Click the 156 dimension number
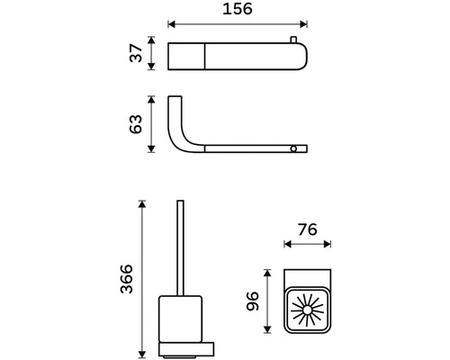click(x=238, y=9)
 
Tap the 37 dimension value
click(x=136, y=53)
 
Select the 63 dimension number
click(x=136, y=124)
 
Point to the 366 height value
click(x=126, y=279)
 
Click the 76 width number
click(x=308, y=229)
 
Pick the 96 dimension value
click(x=252, y=301)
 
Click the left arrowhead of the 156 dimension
click(x=171, y=24)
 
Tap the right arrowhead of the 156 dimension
click(x=304, y=24)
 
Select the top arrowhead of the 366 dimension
click(x=142, y=204)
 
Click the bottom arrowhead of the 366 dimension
click(x=142, y=355)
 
